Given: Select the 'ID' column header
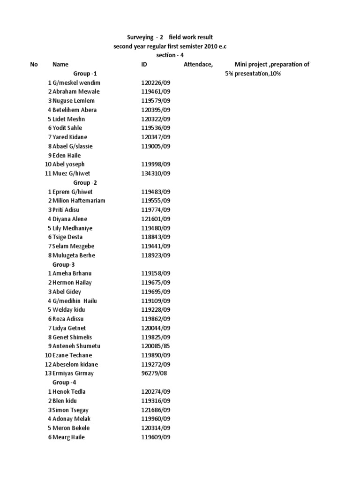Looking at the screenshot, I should [x=144, y=64].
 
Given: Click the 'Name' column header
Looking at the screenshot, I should [x=60, y=64].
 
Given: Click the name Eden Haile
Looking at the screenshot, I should [x=67, y=155].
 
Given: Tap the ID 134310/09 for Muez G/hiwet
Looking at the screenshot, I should [x=156, y=173].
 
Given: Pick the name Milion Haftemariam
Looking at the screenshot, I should [x=79, y=201].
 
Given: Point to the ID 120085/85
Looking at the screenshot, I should [x=156, y=346].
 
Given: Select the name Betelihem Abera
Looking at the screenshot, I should [x=75, y=110].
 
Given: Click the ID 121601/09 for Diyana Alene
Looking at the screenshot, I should [x=156, y=219].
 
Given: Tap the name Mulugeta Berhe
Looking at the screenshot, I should [x=74, y=255].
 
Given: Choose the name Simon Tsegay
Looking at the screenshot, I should [x=70, y=410].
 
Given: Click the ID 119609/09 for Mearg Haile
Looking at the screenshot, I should [x=156, y=437].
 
